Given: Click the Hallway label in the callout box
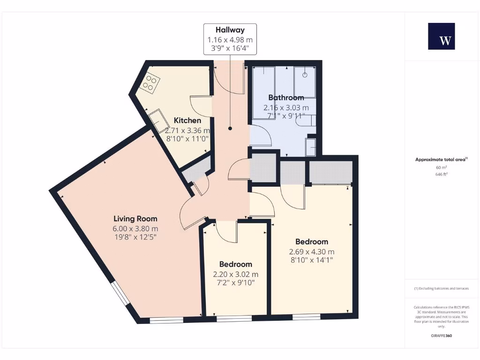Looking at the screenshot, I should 230,30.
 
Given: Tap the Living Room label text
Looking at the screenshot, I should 135,218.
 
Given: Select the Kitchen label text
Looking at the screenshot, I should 187,120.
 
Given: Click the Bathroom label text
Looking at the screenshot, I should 286,97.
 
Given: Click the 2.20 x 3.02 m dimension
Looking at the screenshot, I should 235,274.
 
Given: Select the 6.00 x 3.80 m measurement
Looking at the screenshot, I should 135,228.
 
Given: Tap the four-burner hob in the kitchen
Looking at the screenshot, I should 150,83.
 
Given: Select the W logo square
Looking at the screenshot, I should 441,36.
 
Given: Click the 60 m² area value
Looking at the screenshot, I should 441,167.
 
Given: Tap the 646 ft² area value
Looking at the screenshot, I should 441,174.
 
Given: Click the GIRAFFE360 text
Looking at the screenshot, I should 441,336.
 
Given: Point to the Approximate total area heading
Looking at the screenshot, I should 441,159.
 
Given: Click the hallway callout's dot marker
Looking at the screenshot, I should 230,128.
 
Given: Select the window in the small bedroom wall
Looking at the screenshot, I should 234,319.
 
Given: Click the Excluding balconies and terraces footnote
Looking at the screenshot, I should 441,288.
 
